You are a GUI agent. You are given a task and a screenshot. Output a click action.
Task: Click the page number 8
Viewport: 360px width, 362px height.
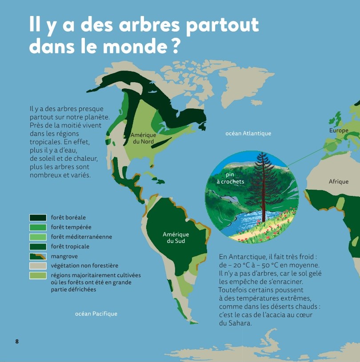pyautogui.click(x=17, y=341)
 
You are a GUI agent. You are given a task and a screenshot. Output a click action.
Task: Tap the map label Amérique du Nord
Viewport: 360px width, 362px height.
pyautogui.click(x=143, y=138)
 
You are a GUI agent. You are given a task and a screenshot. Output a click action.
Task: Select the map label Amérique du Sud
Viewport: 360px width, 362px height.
pyautogui.click(x=176, y=238)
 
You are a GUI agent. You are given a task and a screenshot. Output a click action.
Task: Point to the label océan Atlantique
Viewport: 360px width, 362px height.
pyautogui.click(x=248, y=133)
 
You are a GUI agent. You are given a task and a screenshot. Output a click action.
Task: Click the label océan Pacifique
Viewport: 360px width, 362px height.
pyautogui.click(x=96, y=314)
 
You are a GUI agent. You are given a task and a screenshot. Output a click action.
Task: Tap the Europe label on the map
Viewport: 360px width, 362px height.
pyautogui.click(x=339, y=131)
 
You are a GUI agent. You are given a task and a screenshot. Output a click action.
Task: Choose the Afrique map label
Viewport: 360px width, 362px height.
pyautogui.click(x=339, y=182)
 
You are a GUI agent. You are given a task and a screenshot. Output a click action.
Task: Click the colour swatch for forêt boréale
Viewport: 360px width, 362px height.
pyautogui.click(x=38, y=218)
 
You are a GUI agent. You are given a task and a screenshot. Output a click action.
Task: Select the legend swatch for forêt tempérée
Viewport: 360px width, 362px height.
pyautogui.click(x=38, y=227)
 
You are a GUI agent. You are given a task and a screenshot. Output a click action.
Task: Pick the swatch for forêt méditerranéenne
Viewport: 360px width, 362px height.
pyautogui.click(x=38, y=237)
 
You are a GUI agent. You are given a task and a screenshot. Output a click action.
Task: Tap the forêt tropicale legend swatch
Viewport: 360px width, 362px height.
pyautogui.click(x=38, y=247)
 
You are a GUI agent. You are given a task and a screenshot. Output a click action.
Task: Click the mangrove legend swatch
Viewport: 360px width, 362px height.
pyautogui.click(x=38, y=256)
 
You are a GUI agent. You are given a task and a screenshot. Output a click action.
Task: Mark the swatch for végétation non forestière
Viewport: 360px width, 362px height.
pyautogui.click(x=38, y=266)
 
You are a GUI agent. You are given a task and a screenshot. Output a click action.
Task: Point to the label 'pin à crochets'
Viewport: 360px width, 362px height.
pyautogui.click(x=230, y=178)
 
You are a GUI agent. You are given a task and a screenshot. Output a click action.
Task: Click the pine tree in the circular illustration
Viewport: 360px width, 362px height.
pyautogui.click(x=267, y=182)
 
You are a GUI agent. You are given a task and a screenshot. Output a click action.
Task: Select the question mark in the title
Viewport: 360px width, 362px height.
pyautogui.click(x=175, y=46)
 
